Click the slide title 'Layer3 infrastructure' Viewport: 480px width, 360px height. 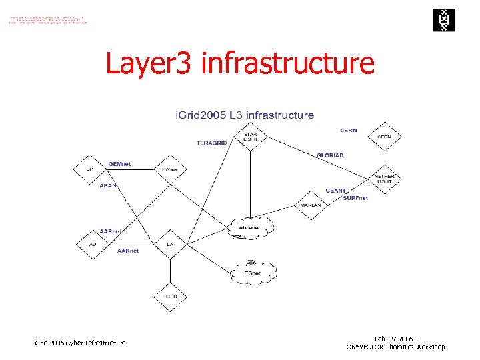coord(240,64)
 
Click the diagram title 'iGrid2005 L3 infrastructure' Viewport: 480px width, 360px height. coord(245,115)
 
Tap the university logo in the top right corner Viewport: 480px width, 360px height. coord(441,20)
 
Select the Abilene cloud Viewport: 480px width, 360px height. coord(249,227)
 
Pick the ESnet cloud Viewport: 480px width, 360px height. coord(253,272)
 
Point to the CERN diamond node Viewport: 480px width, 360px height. coord(385,137)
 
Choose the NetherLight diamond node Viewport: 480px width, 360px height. coord(385,178)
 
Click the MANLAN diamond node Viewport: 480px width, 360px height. coord(311,205)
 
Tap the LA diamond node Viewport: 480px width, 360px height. coord(170,244)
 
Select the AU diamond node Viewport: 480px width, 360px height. coord(93,244)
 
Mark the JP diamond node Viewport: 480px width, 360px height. coord(90,169)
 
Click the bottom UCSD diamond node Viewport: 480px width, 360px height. coord(170,296)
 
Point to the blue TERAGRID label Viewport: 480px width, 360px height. coord(211,143)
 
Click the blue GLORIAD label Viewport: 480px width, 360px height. coord(330,155)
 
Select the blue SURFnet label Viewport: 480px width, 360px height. coord(355,198)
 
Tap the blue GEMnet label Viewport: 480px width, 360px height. coord(119,163)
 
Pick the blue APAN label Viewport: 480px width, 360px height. coord(108,185)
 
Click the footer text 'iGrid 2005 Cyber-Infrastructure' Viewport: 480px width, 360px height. coord(79,343)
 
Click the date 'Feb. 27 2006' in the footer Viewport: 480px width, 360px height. coord(393,339)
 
